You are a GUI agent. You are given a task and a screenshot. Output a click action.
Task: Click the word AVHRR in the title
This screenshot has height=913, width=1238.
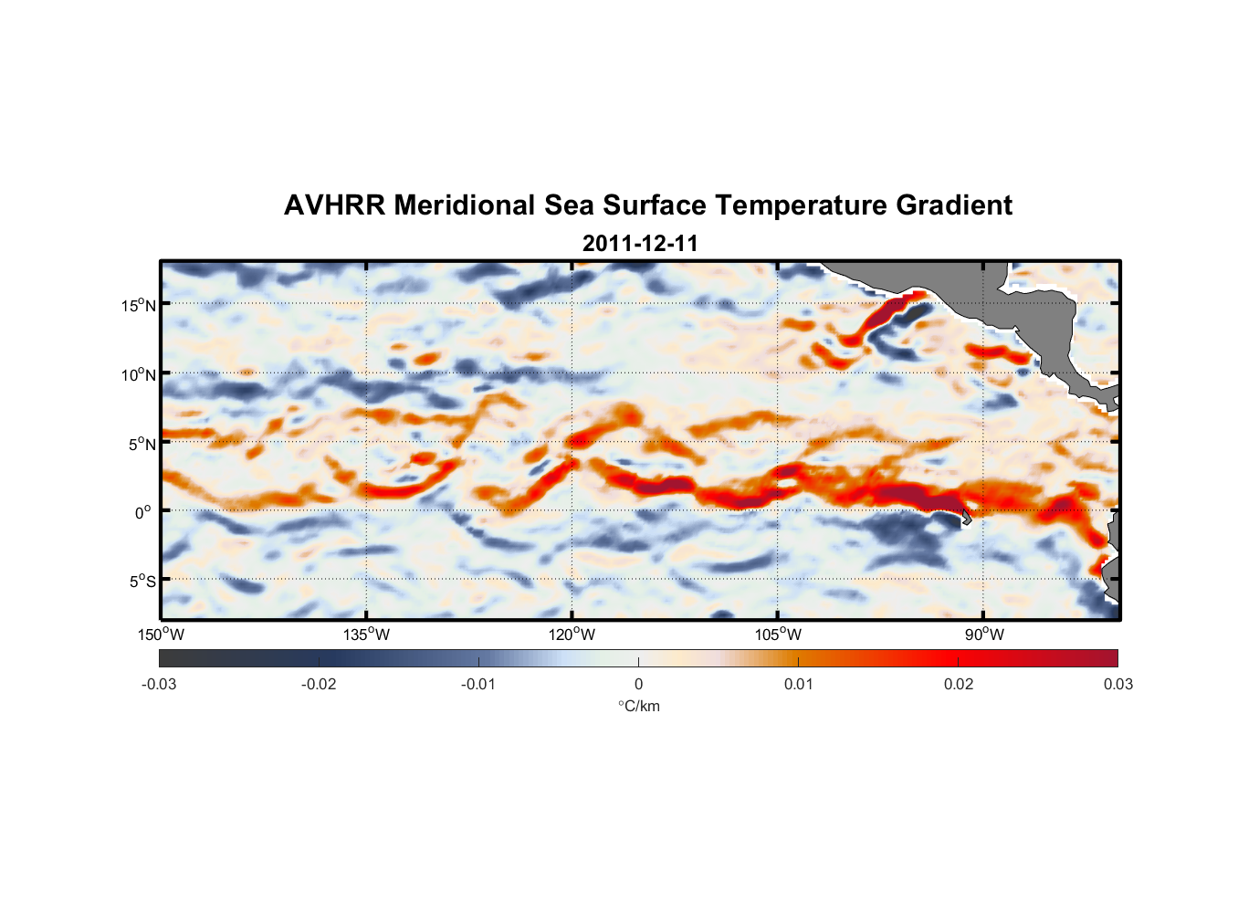point(334,205)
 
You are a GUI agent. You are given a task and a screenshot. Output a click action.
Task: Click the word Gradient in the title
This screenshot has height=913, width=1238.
point(954,205)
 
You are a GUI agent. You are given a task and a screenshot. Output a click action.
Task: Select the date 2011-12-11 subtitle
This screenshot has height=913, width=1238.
point(640,244)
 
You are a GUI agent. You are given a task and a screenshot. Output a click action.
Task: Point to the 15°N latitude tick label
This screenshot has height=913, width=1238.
point(138,305)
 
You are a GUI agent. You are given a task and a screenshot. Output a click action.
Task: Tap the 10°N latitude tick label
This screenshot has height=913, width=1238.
point(138,374)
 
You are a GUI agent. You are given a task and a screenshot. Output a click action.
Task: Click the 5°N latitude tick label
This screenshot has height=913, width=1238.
point(141,444)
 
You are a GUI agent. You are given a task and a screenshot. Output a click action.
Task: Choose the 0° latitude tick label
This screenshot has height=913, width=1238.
point(143,512)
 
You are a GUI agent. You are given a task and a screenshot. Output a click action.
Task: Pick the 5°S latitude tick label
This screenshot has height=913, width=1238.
point(142,581)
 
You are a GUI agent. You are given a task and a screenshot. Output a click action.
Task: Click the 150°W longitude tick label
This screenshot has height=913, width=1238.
point(161,635)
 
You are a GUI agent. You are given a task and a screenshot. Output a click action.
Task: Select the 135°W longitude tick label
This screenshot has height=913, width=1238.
point(367,635)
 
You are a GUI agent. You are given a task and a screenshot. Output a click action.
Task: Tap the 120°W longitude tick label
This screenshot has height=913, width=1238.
point(572,635)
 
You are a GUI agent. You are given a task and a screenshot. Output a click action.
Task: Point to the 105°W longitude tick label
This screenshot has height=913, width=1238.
point(778,635)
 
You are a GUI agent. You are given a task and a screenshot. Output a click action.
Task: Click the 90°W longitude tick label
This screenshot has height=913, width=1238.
point(983,635)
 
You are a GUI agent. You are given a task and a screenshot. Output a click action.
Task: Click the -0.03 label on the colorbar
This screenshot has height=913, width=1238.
point(159,684)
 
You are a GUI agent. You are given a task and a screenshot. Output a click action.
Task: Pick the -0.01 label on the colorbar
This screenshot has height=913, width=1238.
point(478,684)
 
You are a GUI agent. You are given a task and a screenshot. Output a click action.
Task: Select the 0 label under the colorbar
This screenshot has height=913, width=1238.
point(638,684)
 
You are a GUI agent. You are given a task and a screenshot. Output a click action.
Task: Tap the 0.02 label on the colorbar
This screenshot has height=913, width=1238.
point(959,684)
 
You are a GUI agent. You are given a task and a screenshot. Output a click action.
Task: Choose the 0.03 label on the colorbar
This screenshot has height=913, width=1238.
point(1117,684)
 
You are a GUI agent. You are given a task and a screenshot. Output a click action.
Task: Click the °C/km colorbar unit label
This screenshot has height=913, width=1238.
point(638,706)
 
